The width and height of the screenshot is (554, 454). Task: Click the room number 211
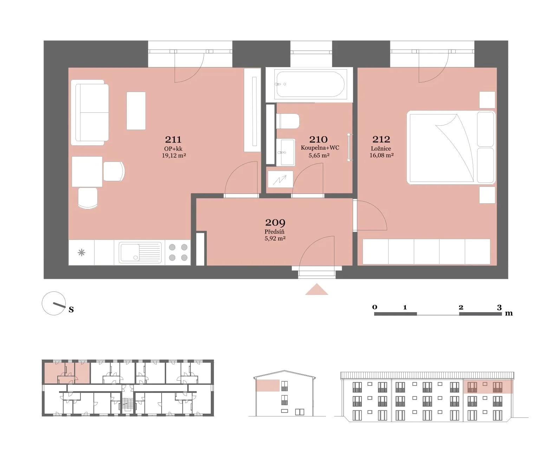tap(173, 139)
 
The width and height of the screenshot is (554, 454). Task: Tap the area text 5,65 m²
tap(319, 155)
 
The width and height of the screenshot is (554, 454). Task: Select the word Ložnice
tap(381, 149)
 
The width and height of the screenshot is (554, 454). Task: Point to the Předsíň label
tap(274, 232)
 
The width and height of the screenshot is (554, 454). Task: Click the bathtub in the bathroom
tap(310, 84)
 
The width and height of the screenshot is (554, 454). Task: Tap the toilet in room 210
tap(288, 121)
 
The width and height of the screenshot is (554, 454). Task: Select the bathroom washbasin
tap(286, 152)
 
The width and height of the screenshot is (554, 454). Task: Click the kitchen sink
tap(140, 252)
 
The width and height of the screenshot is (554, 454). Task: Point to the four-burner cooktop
tap(178, 252)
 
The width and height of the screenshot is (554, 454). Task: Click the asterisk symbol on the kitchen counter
tap(82, 252)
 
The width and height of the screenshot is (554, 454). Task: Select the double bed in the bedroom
tap(451, 147)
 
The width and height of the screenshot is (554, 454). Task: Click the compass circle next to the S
tap(54, 303)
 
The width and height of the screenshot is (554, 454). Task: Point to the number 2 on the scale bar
tap(461, 307)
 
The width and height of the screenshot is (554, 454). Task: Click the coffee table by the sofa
tap(136, 111)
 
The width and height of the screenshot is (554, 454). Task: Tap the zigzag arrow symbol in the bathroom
tap(280, 180)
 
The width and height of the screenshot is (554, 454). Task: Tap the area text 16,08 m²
tap(382, 155)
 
